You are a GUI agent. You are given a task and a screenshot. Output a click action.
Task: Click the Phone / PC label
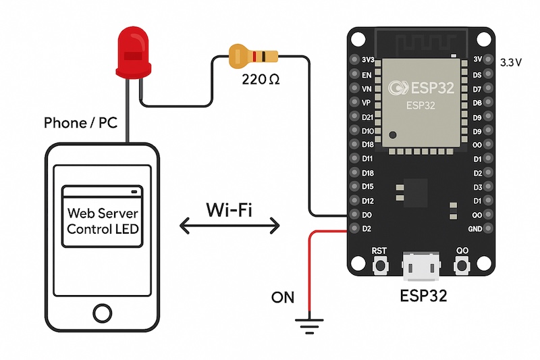[80, 123]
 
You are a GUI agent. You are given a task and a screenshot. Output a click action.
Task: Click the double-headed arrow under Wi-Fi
[230, 226]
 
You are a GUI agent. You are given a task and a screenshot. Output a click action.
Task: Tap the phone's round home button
[102, 313]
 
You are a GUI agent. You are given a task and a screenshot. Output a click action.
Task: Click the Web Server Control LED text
[103, 221]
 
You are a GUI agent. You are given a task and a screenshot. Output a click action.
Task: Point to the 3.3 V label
[511, 62]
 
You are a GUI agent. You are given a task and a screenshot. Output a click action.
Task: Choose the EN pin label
[367, 74]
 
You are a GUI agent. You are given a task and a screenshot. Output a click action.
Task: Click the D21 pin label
[367, 117]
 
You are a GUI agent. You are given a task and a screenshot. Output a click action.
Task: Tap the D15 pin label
[367, 186]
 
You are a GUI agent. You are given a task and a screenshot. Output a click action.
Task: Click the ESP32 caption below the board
[423, 294]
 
